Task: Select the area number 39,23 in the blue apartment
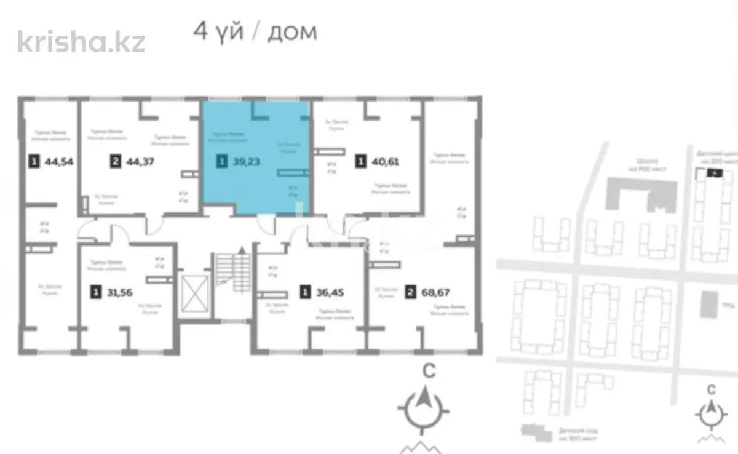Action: click(246, 162)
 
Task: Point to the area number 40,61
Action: click(385, 162)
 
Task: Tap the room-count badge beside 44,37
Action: click(115, 162)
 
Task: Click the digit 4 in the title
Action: click(200, 31)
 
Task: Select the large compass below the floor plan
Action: click(424, 406)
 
